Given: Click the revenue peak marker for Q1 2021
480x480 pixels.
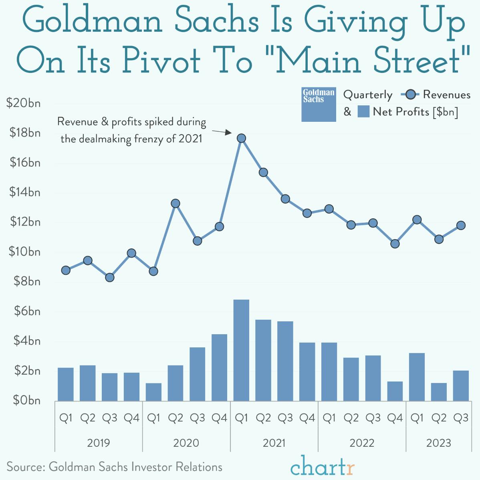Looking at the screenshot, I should (x=241, y=138).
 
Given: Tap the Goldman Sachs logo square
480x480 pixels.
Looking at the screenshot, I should (x=319, y=104).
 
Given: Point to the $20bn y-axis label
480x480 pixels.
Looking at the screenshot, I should (x=24, y=103).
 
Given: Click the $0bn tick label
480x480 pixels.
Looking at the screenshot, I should (x=27, y=400).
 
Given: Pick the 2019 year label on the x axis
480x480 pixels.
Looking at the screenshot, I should (x=98, y=443).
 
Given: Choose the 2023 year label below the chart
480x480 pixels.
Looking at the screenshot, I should (x=438, y=443).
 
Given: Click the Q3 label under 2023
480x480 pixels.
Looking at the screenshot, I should (x=461, y=418).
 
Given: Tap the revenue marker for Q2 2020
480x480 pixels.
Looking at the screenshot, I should (x=175, y=204).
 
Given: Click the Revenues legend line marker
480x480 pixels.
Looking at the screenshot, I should (x=410, y=95).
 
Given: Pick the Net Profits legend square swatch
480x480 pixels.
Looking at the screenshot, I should (x=363, y=111).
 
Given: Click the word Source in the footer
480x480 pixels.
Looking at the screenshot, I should (x=25, y=467).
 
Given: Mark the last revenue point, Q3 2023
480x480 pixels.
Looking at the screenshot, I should (x=461, y=225).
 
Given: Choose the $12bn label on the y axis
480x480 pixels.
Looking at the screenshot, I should (x=25, y=222).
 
